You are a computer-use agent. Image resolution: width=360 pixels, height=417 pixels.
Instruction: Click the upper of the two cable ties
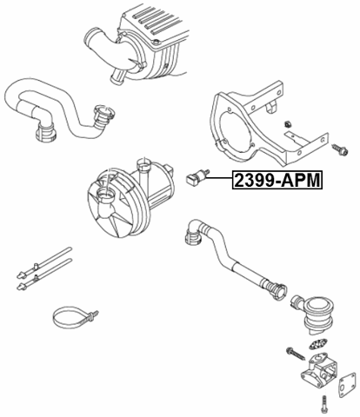coord(41,260)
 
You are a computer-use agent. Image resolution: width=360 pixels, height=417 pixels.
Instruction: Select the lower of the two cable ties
coord(41,277)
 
